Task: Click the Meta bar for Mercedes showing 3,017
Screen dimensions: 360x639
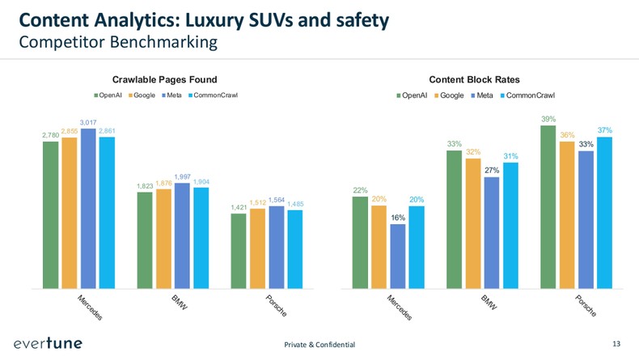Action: point(88,208)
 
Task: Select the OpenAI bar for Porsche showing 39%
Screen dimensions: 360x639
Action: point(548,206)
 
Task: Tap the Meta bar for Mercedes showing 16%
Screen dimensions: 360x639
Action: point(398,256)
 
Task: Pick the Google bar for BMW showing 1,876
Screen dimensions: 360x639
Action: point(163,239)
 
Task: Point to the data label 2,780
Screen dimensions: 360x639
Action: point(50,136)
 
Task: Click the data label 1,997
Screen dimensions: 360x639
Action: point(182,176)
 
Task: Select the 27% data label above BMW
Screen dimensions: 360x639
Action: point(492,170)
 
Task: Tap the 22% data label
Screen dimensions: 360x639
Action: point(361,190)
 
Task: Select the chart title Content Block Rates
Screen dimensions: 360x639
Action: point(474,79)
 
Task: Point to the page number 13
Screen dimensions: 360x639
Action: point(616,344)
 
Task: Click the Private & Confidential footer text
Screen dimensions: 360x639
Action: point(319,345)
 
